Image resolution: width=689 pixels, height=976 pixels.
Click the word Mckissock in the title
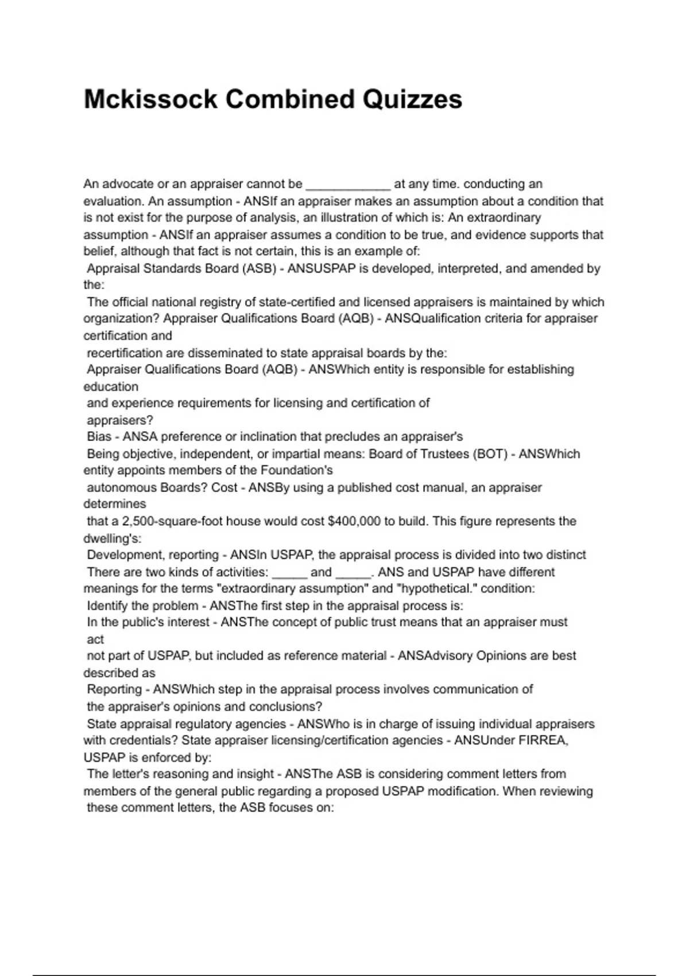[150, 99]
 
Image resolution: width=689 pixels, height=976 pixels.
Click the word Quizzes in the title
[412, 99]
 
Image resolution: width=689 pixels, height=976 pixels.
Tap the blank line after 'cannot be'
[348, 185]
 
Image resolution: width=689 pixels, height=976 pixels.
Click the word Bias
[99, 437]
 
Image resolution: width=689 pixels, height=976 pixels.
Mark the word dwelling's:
[112, 539]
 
